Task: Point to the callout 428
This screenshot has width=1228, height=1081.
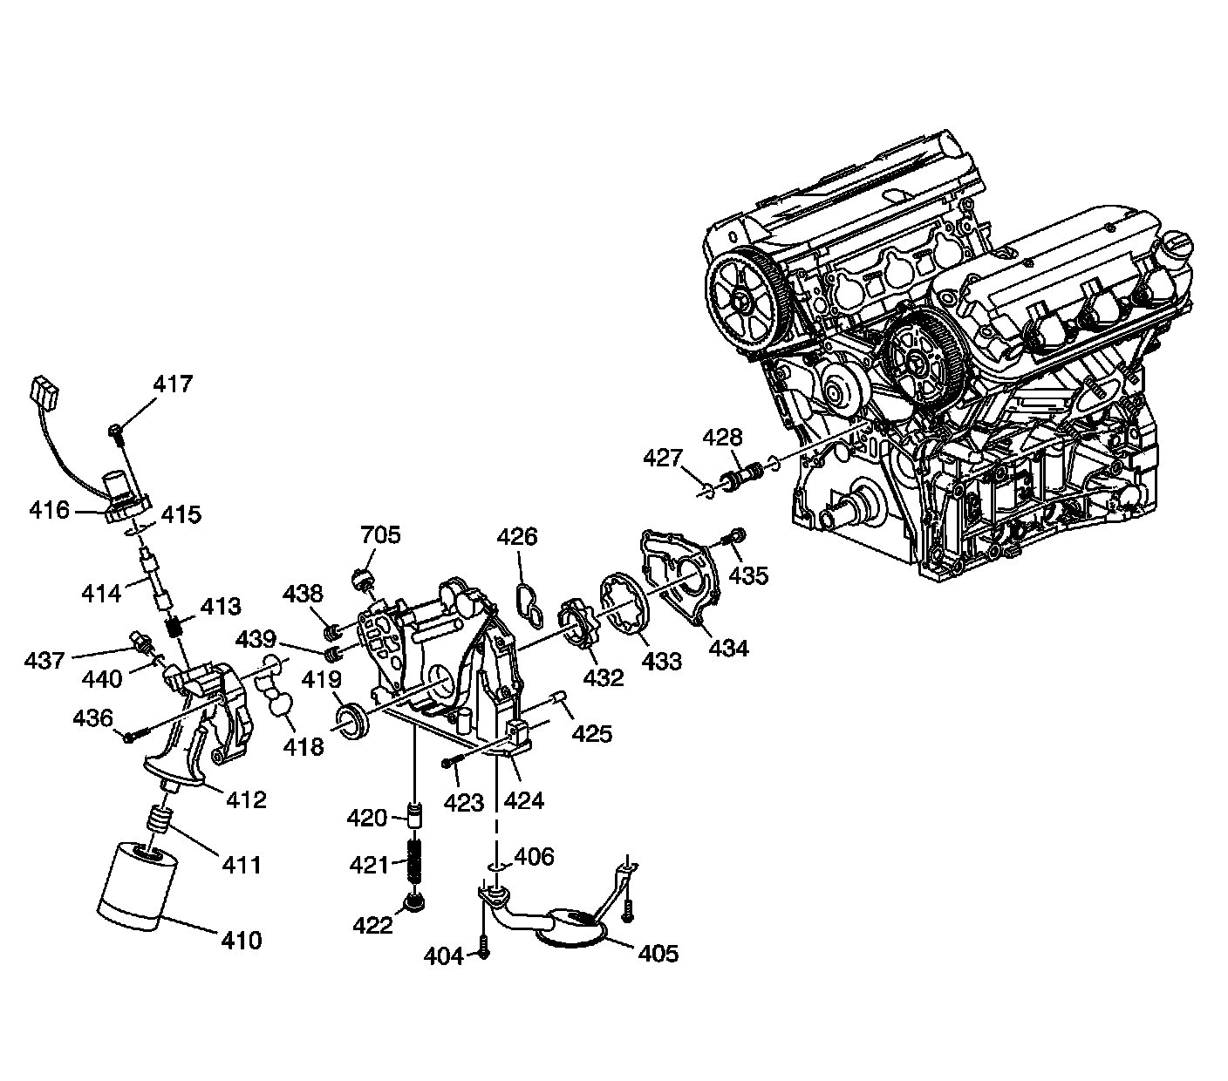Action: coord(723,438)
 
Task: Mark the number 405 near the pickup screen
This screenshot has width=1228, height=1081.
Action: coord(658,953)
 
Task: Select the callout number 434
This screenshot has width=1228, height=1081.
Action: coord(727,649)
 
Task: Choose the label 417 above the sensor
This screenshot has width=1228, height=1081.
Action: coord(173,384)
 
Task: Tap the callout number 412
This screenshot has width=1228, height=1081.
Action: coord(246,799)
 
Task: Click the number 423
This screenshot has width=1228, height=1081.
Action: coord(463,802)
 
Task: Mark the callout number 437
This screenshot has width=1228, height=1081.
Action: coord(44,660)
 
